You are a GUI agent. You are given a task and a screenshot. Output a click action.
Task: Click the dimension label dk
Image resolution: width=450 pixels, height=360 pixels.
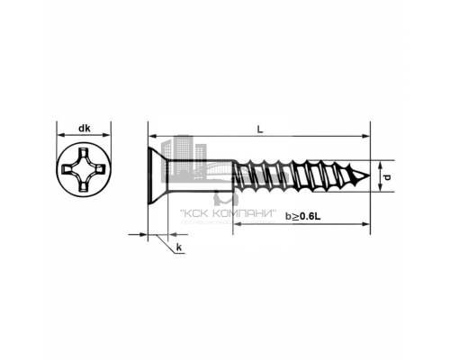[x=85, y=129]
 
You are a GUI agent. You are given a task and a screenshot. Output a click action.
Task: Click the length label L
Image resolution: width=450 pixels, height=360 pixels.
[x=260, y=130]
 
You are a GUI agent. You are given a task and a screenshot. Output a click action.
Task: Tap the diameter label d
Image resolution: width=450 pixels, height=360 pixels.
[x=388, y=177]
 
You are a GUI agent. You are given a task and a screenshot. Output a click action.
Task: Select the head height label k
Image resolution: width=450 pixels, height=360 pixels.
[x=179, y=247]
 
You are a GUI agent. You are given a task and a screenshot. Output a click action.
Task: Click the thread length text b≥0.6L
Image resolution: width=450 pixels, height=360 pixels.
[x=302, y=216]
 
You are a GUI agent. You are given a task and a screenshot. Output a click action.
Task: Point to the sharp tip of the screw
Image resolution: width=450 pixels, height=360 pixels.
[x=369, y=175]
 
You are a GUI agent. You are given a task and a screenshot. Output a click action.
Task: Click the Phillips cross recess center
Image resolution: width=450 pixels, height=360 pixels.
[x=84, y=170]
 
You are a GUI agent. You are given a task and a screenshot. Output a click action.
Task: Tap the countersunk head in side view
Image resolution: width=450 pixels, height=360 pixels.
[x=157, y=175]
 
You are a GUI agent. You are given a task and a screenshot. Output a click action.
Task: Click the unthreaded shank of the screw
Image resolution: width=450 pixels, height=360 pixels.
[x=201, y=175]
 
